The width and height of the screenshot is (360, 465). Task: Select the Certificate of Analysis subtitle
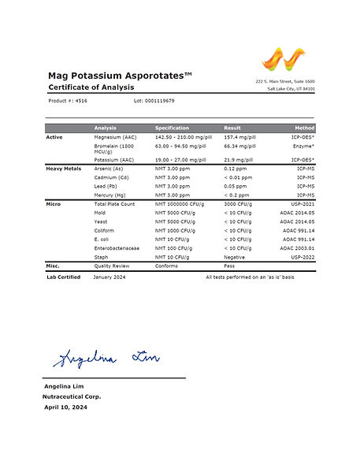pos(91,87)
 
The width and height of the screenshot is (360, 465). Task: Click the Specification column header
pos(172,128)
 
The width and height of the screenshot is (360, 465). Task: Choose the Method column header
pos(305,128)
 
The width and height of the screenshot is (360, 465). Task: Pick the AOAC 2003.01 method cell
pos(296,248)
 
